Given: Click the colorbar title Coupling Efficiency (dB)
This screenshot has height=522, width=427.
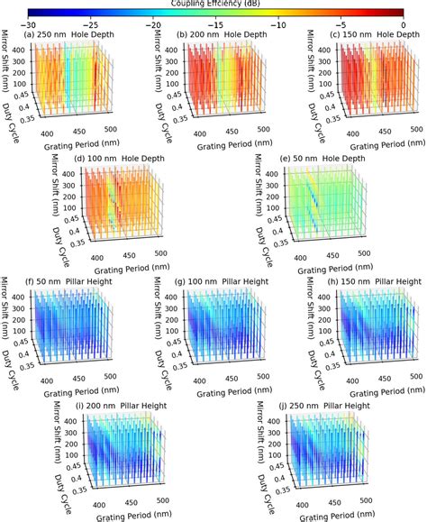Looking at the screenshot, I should [213, 4].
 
